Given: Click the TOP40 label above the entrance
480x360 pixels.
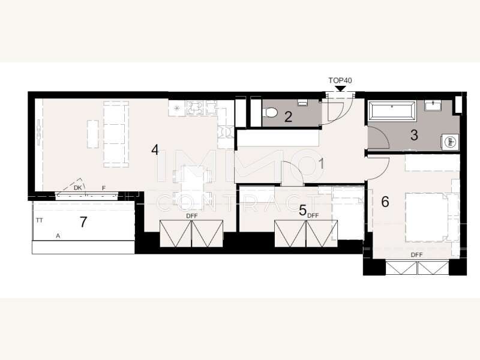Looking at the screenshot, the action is tap(340, 80).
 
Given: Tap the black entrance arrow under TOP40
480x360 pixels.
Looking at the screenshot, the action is tap(340, 88).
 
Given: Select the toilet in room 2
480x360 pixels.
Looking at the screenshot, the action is tap(269, 113).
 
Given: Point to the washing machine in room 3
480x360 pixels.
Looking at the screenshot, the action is tap(451, 142).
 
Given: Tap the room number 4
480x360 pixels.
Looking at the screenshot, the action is tap(155, 149).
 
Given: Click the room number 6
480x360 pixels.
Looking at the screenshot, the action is tap(385, 202).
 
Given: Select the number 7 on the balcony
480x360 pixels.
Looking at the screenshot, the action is tap(83, 222).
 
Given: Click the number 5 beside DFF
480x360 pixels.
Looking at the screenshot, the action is tap(302, 211).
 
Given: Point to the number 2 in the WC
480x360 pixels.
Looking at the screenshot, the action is tap(288, 116).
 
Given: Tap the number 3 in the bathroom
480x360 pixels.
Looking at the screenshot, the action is tap(414, 135).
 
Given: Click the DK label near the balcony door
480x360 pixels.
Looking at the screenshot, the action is tap(78, 188).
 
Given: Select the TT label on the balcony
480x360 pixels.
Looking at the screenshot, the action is tap(39, 220).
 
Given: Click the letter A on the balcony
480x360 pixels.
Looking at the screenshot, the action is tap(58, 236).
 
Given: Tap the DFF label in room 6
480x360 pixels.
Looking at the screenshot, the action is tap(416, 254).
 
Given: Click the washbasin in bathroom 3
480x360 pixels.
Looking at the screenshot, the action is tap(433, 106).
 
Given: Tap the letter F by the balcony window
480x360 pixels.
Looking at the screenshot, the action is tap(103, 188).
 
